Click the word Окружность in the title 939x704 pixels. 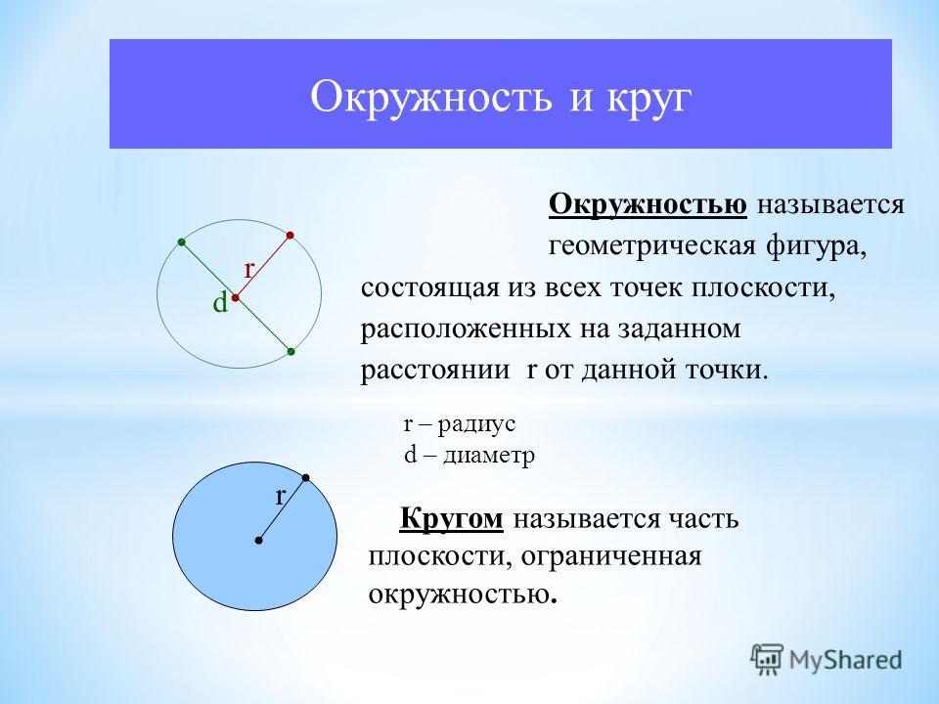(x=431, y=96)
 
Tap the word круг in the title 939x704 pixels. (x=649, y=100)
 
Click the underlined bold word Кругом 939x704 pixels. (x=452, y=519)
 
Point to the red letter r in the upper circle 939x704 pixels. (x=249, y=270)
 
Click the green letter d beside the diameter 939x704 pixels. (x=220, y=303)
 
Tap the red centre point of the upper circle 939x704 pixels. (x=236, y=297)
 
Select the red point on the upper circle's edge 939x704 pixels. (x=291, y=236)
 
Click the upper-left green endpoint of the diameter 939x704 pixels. (x=182, y=242)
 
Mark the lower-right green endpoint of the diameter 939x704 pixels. (x=291, y=351)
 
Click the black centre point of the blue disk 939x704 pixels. (x=258, y=541)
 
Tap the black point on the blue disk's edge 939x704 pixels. (x=306, y=478)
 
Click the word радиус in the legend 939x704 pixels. (x=476, y=425)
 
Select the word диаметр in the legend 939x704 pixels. (x=489, y=457)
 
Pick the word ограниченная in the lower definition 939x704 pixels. (x=611, y=556)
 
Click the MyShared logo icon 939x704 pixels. (x=767, y=660)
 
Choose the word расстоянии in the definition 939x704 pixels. (x=435, y=371)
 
